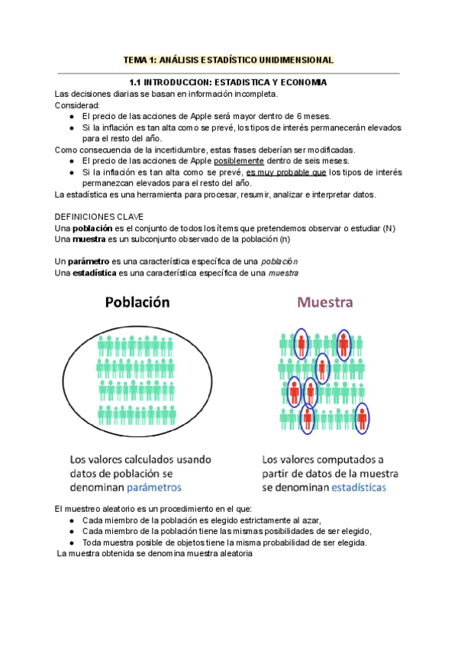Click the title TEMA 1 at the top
[228, 60]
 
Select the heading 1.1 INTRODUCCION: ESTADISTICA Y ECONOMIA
[228, 82]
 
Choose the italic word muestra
[283, 272]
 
